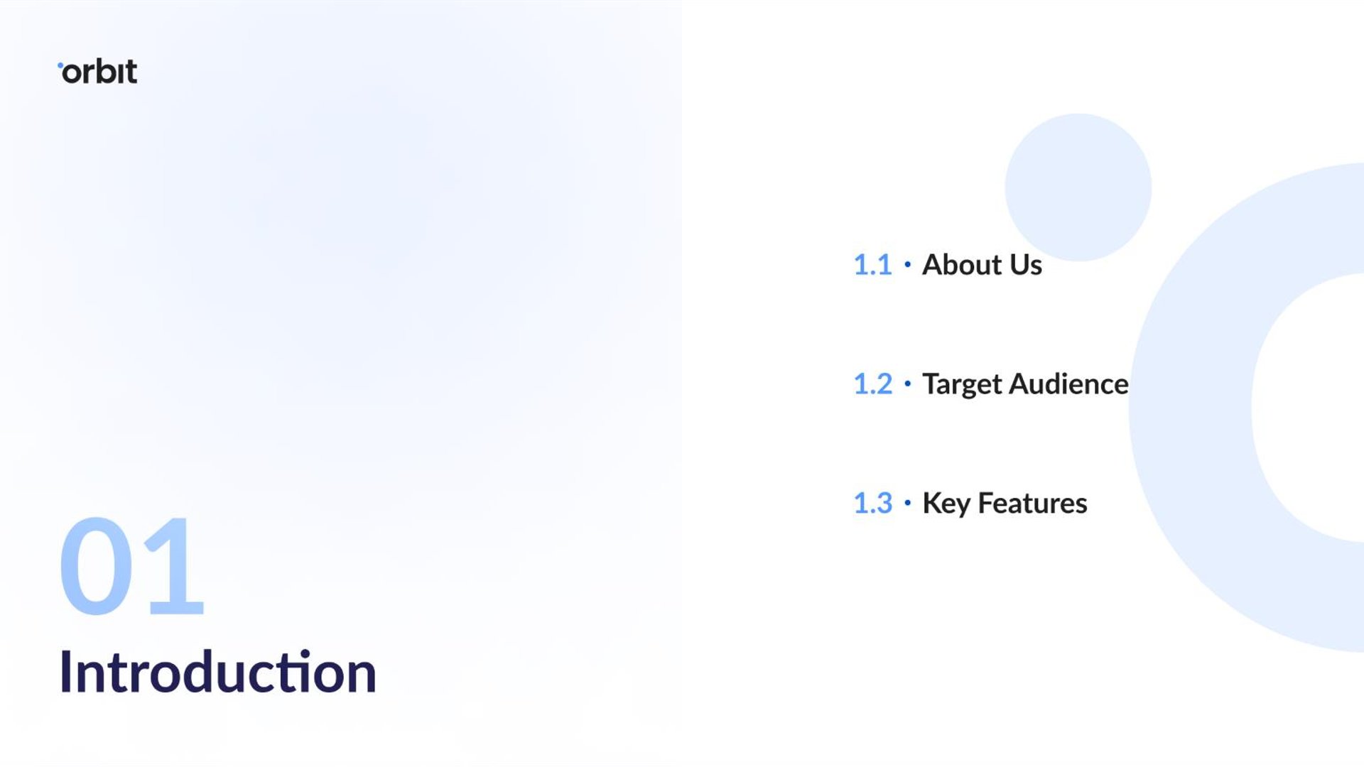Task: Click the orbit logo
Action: click(97, 72)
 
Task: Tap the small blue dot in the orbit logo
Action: click(60, 65)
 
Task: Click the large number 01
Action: click(132, 566)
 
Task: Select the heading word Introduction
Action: click(217, 672)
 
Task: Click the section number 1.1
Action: click(872, 265)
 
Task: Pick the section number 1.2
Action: click(872, 384)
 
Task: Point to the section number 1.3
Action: click(872, 504)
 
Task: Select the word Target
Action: click(962, 385)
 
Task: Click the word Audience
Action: click(1069, 384)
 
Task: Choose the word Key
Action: click(946, 504)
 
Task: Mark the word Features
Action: click(1033, 504)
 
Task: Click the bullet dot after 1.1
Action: click(907, 265)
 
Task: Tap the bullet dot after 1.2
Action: click(907, 384)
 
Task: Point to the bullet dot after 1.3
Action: click(907, 504)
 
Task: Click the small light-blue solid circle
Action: click(1078, 187)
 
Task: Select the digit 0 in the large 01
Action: click(96, 566)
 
